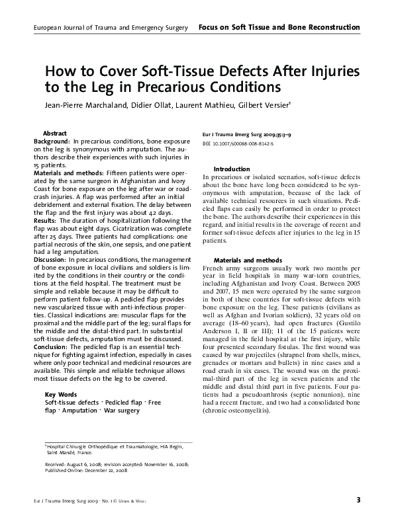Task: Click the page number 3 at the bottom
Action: point(358,499)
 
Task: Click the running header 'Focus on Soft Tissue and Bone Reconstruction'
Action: point(278,27)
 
